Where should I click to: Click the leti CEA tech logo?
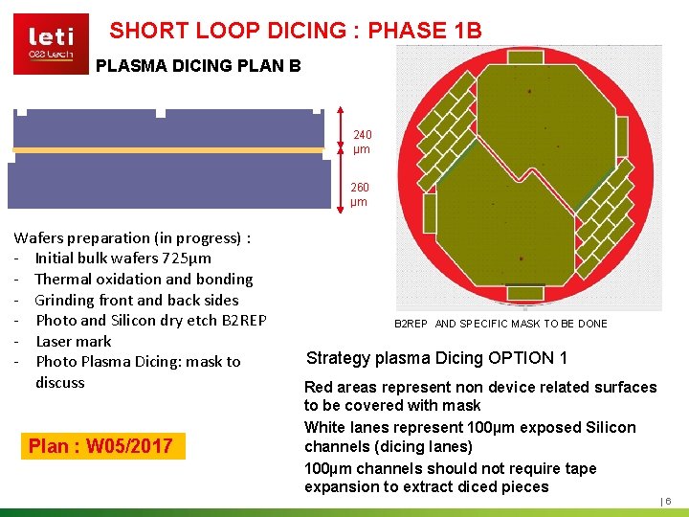[51, 43]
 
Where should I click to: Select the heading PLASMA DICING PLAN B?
[198, 66]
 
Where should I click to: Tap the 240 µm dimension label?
[362, 142]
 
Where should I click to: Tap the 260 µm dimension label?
[360, 194]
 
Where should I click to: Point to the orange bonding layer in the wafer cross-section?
[168, 150]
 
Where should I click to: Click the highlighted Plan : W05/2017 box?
[100, 445]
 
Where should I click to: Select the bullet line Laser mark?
[73, 341]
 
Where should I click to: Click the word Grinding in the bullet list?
[64, 300]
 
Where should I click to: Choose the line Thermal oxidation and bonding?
[144, 279]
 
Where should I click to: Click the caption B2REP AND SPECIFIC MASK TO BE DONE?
[500, 324]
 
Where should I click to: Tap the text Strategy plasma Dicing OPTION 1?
[436, 358]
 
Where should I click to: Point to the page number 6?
[668, 501]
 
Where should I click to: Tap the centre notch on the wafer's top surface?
[161, 113]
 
